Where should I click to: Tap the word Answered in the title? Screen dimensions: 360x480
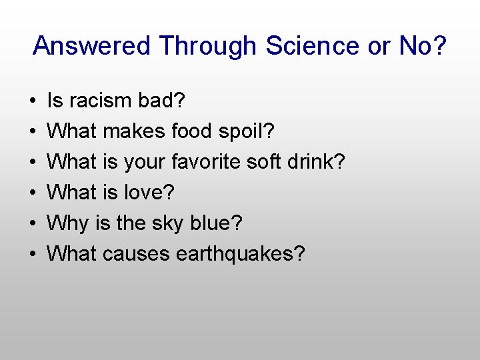point(93,46)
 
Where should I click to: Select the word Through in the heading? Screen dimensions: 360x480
point(208,46)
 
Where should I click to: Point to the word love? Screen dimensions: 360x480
point(149,193)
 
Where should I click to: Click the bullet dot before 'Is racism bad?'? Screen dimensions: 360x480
point(33,101)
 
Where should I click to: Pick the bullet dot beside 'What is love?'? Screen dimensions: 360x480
point(33,193)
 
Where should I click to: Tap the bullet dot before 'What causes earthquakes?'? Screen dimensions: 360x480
point(33,255)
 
